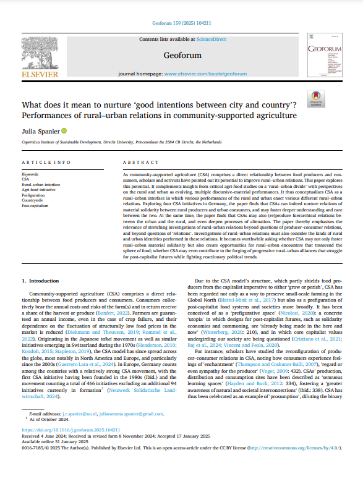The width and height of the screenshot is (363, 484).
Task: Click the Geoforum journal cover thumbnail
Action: coord(323,56)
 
